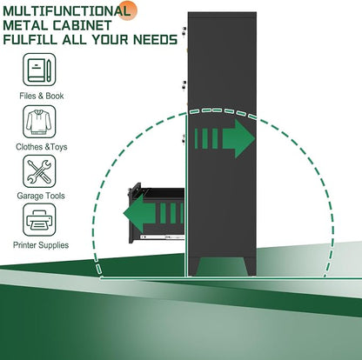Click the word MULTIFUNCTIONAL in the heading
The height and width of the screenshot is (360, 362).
(66, 11)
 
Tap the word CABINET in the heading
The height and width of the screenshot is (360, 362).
(82, 25)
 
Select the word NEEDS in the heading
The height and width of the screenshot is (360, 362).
(155, 39)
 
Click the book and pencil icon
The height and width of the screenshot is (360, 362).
(39, 70)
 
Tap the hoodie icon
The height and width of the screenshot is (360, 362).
(39, 122)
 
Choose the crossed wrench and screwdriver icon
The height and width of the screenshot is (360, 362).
(39, 171)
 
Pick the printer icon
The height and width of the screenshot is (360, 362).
(39, 220)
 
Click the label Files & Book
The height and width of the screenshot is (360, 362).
(42, 96)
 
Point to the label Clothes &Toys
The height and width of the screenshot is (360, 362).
(42, 147)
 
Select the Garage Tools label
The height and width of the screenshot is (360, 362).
(41, 196)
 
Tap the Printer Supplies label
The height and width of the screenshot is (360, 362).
(41, 245)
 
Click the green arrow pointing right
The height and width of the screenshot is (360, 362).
(225, 138)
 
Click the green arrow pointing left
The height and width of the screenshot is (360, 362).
(153, 213)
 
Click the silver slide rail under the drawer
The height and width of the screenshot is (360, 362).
(163, 237)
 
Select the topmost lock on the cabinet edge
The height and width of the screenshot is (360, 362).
(184, 31)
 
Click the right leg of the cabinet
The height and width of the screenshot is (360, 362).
(250, 266)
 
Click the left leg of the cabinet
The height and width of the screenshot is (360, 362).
(194, 266)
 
